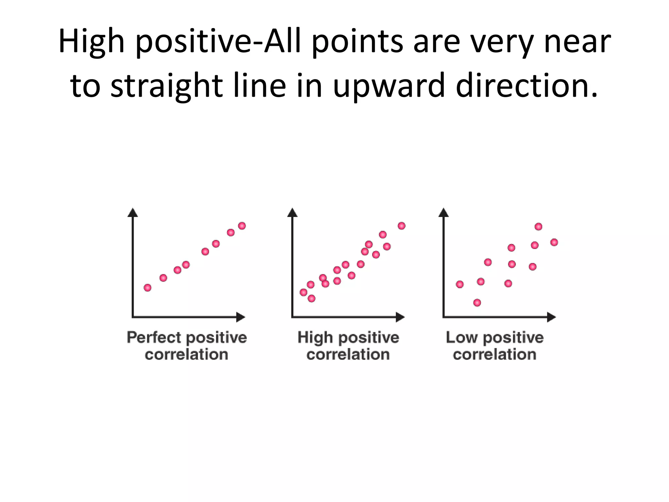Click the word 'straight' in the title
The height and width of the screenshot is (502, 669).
(167, 86)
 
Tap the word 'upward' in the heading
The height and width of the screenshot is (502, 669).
(389, 86)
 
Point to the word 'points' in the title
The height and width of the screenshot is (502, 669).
(357, 42)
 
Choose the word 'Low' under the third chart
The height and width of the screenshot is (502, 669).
(462, 337)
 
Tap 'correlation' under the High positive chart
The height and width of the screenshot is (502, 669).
(348, 355)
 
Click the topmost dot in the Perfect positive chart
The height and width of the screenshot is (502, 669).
(242, 226)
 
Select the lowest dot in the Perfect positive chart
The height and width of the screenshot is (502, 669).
(148, 288)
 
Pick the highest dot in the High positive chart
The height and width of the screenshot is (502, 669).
(402, 226)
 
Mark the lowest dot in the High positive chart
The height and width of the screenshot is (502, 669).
(312, 298)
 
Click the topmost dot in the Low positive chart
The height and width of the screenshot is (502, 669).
(538, 226)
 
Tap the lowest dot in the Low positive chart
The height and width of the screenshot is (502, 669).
(477, 303)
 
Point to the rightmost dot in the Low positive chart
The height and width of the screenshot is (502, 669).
(554, 242)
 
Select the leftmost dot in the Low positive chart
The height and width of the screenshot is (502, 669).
(460, 284)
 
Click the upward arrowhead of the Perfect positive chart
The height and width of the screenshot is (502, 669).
(133, 212)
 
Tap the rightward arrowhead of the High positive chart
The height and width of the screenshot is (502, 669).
(400, 317)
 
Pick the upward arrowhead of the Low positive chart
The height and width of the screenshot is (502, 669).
(444, 212)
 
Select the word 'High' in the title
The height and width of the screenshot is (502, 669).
(91, 42)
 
